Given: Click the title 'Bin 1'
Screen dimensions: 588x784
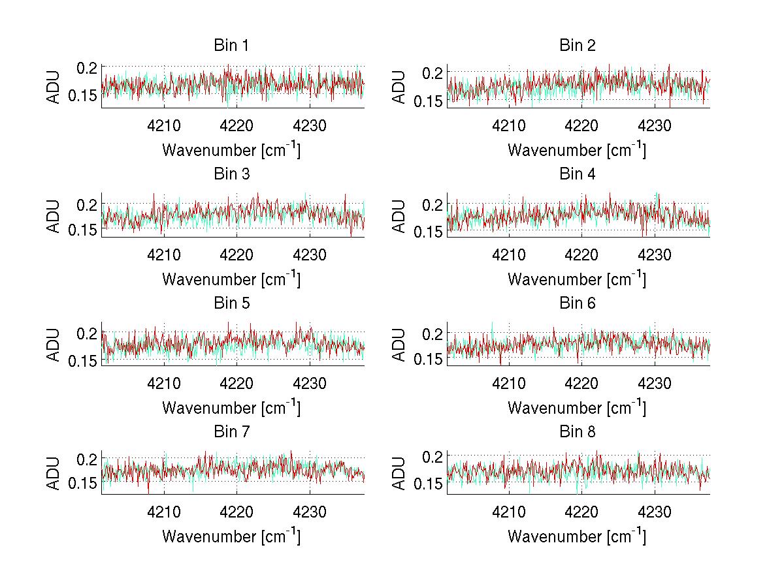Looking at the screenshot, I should coord(231,46).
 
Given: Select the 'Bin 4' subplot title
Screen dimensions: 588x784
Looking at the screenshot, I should coord(578,174).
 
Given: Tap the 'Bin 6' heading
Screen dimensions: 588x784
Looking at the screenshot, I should coord(578,303).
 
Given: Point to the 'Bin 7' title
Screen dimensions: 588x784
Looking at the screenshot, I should coord(231,431).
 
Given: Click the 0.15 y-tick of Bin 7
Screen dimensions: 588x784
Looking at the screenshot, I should coord(84,484).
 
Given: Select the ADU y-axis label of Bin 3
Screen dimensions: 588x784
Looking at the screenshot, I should coord(55,215).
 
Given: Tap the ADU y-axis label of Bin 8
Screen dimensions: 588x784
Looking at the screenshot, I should coord(400,472).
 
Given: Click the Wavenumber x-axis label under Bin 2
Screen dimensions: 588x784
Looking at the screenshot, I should coord(577,149).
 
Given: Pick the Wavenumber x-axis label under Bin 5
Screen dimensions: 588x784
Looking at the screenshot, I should coord(231,407).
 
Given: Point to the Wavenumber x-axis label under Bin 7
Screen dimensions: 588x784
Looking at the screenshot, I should coord(231,536).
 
